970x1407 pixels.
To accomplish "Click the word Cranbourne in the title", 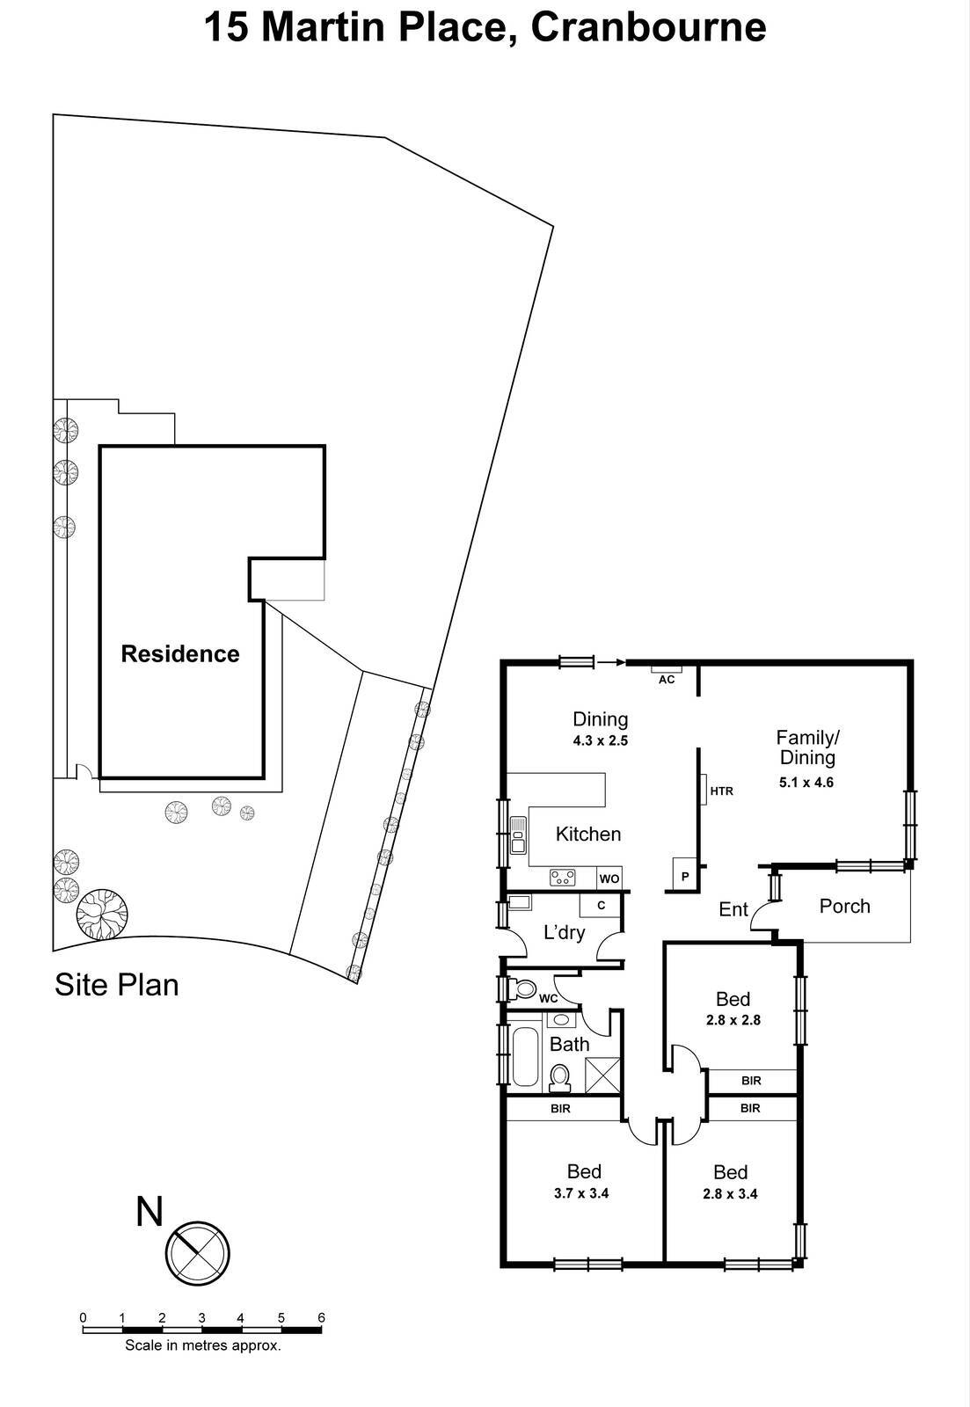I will click(648, 26).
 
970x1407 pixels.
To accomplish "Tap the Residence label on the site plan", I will click(179, 654).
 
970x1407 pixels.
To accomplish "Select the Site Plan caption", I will click(116, 985).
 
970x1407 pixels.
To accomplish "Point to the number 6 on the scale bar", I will click(321, 1317).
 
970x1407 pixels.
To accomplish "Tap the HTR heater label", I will click(721, 791).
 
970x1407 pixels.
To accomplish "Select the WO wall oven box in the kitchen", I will click(609, 878).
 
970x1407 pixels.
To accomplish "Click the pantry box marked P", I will click(685, 876).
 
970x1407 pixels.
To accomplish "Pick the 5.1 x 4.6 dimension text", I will click(806, 782).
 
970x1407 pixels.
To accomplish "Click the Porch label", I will click(844, 906).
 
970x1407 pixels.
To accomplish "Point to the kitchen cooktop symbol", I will click(563, 877).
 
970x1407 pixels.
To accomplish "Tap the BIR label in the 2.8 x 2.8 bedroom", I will click(750, 1081).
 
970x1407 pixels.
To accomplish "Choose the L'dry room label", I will click(564, 932).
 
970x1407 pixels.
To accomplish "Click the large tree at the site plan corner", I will click(101, 916).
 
